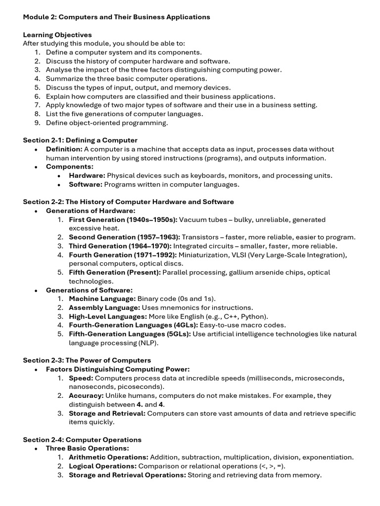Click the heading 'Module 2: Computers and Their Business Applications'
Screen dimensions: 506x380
117,17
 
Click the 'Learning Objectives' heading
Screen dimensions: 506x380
57,35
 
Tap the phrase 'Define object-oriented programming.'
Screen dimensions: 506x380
107,123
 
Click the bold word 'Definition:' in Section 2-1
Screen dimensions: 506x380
64,149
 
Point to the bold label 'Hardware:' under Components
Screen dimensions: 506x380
87,175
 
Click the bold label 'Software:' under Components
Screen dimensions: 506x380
86,184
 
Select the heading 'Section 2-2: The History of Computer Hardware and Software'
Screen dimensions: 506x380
129,202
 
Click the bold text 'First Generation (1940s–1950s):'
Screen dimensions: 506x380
123,219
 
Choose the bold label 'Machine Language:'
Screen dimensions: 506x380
102,298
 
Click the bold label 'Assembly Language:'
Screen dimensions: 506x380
104,307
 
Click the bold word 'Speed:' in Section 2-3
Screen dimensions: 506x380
80,378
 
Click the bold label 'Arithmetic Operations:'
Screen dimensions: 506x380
108,457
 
